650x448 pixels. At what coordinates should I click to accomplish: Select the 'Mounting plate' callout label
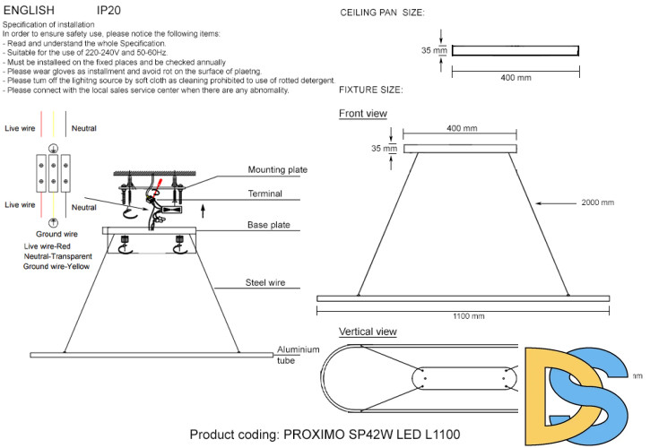pos(278,170)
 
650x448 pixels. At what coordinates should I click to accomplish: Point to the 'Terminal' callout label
pos(265,194)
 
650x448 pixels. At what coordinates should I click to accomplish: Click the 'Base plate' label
pos(268,225)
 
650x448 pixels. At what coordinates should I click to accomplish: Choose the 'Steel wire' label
pos(265,283)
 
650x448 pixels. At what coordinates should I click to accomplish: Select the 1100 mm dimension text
pos(466,315)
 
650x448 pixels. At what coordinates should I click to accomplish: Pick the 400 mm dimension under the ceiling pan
pos(516,77)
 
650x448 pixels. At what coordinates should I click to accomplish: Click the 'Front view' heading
pos(363,114)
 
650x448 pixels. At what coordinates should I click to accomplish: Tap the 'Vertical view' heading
pos(368,332)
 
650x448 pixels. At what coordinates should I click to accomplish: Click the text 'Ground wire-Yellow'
pos(56,266)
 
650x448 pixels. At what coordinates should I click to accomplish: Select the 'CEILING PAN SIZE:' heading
pos(383,13)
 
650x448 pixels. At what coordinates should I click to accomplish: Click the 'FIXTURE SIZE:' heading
pos(371,90)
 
